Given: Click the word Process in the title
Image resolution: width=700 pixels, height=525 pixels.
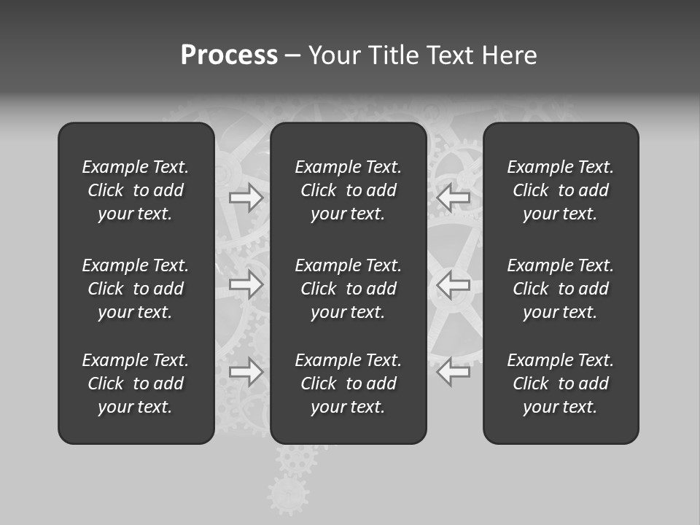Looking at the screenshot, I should click(x=229, y=55).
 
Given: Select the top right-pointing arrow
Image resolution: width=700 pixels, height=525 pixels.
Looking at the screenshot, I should click(x=246, y=198).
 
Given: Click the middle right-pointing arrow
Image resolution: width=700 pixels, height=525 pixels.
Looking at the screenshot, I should click(x=246, y=284).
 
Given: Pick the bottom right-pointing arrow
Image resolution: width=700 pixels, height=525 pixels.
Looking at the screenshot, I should click(x=246, y=372).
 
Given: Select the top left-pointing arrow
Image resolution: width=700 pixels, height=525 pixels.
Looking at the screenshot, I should click(x=454, y=198).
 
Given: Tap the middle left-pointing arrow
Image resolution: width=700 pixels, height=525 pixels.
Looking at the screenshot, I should click(x=454, y=284).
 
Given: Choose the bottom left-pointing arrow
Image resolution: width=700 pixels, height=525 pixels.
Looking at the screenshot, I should click(x=454, y=372).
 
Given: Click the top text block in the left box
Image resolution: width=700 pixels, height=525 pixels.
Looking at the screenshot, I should click(x=136, y=190).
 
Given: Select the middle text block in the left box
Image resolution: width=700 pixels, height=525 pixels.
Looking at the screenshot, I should click(x=136, y=289).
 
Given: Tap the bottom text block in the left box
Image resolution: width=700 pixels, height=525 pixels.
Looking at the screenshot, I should click(x=136, y=384).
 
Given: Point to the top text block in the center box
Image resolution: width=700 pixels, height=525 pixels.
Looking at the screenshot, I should click(x=349, y=190).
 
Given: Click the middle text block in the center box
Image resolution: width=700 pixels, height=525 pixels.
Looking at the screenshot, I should click(x=349, y=289).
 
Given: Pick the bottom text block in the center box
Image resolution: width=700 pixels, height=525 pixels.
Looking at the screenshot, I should click(x=349, y=384).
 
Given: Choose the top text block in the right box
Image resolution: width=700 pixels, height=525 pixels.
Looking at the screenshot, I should click(x=561, y=190).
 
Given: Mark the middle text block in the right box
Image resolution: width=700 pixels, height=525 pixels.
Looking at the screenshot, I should click(x=561, y=289).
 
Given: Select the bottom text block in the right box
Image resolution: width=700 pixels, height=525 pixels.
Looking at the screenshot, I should click(x=561, y=384).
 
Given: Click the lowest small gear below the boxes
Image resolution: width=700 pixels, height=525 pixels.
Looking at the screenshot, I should click(x=287, y=494).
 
